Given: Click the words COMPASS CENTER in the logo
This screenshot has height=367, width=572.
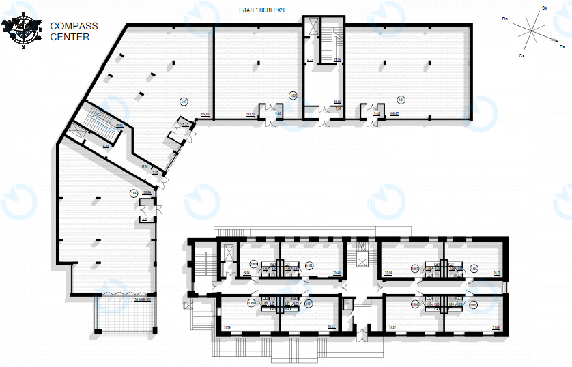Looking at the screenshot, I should (x=74, y=31).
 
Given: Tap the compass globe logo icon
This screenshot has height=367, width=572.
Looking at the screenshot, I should (x=21, y=31).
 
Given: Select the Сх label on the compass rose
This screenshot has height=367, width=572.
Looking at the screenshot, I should (x=521, y=53).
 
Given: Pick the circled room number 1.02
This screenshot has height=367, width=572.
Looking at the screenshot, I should (x=293, y=96).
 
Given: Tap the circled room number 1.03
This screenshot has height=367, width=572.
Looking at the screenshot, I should (x=184, y=102).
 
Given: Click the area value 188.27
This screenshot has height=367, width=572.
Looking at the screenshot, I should (x=393, y=114).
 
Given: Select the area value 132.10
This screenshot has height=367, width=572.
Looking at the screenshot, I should (x=250, y=114).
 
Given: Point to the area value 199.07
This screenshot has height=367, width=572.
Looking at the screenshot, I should (x=203, y=114).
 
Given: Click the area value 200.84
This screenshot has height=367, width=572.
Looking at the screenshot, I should (x=146, y=192).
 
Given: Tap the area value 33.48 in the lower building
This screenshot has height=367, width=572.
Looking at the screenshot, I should (x=336, y=274).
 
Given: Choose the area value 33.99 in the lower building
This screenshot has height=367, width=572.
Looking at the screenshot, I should (x=389, y=274).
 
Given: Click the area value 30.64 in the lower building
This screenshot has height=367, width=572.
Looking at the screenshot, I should (x=332, y=327).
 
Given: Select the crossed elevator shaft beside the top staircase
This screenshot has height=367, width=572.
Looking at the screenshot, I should (x=313, y=28).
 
